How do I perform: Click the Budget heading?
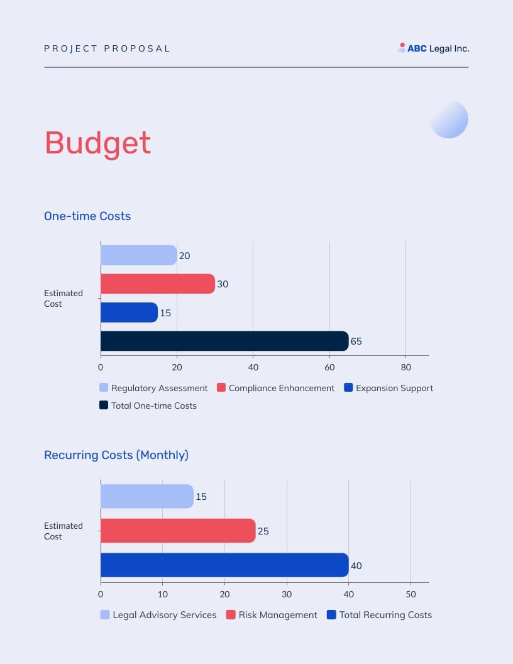pos(97,143)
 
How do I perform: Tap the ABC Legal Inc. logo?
pos(434,48)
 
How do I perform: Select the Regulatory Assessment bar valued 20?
pos(138,255)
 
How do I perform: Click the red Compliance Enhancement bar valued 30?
pos(157,284)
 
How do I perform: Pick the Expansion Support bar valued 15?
pos(129,313)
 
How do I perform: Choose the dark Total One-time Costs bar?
pos(224,341)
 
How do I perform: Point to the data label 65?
pos(356,341)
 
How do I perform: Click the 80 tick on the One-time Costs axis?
pos(405,367)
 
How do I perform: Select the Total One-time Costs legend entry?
pos(148,406)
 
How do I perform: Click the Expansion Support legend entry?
pos(389,388)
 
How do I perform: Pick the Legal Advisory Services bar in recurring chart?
pos(146,496)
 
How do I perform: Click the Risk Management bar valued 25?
pos(178,531)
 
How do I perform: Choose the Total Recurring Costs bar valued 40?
pos(224,565)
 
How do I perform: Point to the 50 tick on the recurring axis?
pos(411,594)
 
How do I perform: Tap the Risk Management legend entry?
pos(272,615)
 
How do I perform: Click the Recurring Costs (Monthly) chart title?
pos(116,455)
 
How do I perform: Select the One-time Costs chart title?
pos(87,216)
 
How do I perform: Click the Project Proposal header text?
pos(107,48)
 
